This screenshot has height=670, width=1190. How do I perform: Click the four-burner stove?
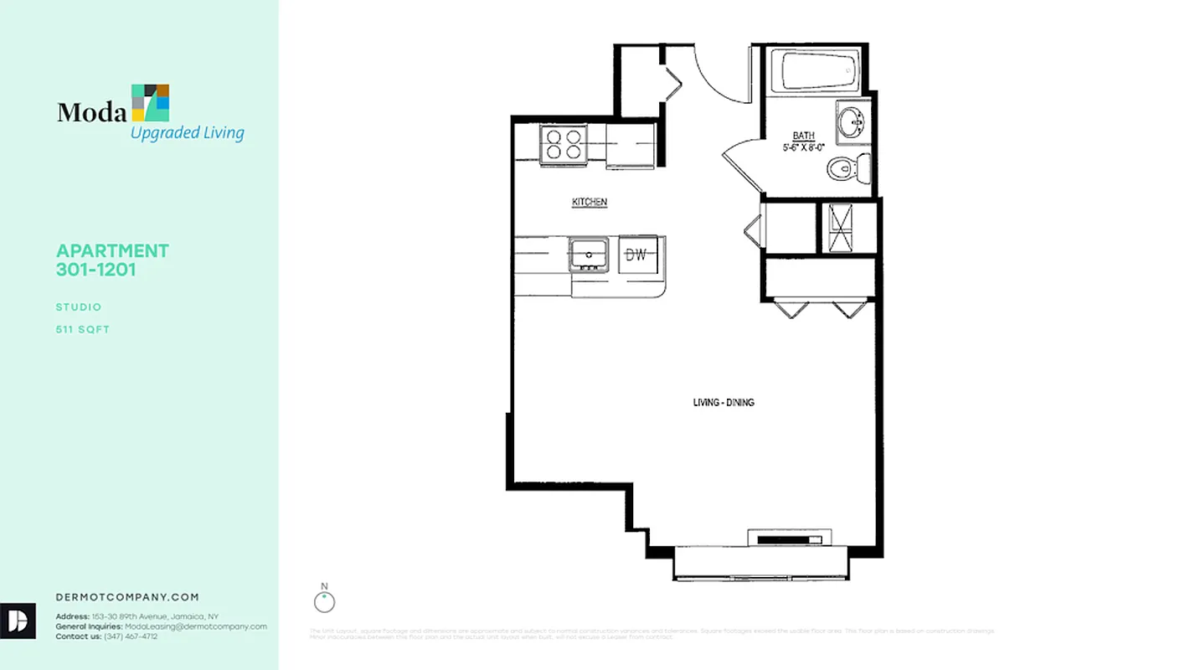pyautogui.click(x=562, y=143)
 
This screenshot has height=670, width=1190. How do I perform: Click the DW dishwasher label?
pyautogui.click(x=636, y=255)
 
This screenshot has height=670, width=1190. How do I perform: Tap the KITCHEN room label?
pyautogui.click(x=590, y=202)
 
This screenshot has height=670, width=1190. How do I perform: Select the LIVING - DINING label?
pyautogui.click(x=724, y=403)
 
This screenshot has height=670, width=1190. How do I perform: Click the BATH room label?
pyautogui.click(x=804, y=136)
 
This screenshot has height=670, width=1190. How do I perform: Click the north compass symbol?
pyautogui.click(x=324, y=600)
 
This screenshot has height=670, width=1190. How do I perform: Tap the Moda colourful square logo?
pyautogui.click(x=151, y=102)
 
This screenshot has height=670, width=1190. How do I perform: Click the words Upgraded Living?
pyautogui.click(x=187, y=132)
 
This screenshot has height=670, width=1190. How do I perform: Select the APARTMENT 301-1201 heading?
pyautogui.click(x=112, y=260)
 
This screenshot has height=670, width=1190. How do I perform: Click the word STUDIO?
pyautogui.click(x=79, y=307)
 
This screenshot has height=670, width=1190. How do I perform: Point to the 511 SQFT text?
pyautogui.click(x=83, y=329)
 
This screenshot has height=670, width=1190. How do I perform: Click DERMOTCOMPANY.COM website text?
pyautogui.click(x=127, y=597)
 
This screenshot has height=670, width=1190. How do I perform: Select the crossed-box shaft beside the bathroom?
pyautogui.click(x=840, y=227)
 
